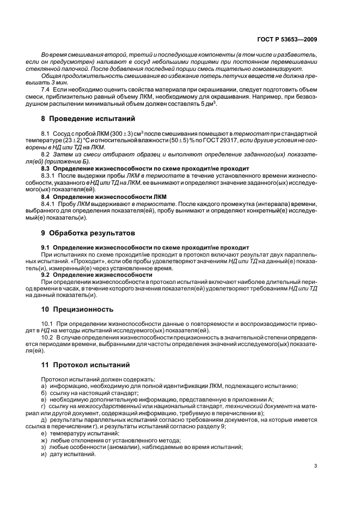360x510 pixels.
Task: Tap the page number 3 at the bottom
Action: coord(316,465)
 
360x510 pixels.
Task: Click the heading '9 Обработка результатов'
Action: coord(87,233)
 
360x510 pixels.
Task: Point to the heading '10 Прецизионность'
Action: coord(77,309)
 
